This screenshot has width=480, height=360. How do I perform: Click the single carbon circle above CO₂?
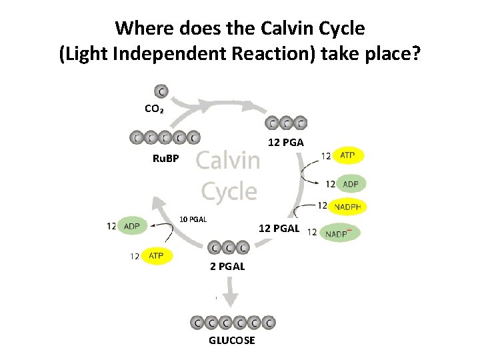pos(161,91)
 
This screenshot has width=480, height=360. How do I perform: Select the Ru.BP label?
pos(165,159)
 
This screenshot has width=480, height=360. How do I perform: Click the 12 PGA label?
pos(285,142)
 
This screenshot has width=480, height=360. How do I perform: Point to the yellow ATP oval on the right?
pos(348,155)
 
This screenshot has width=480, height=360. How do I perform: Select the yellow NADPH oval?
pos(347,207)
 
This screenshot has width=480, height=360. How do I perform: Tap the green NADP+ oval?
pos(341,233)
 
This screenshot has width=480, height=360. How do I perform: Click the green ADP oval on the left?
pos(132,227)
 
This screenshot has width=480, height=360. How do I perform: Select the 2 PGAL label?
pos(227,266)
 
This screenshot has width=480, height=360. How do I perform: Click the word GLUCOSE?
pos(231,340)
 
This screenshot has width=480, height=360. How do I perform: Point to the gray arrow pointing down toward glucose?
pos(233,293)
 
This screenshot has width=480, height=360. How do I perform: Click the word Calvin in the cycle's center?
pos(228,161)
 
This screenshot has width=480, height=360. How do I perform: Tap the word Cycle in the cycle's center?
pos(229,191)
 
